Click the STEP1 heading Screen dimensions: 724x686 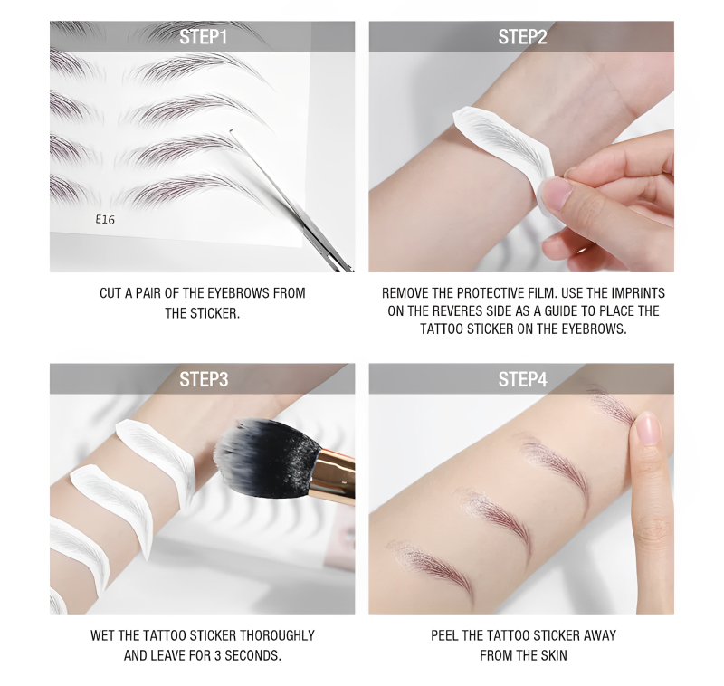click(x=203, y=37)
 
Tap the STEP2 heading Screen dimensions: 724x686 click(x=522, y=37)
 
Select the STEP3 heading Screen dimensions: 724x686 click(x=204, y=379)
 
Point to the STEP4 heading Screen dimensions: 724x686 click(x=522, y=379)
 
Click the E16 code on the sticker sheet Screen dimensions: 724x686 click(x=105, y=219)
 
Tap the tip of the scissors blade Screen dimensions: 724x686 click(x=231, y=131)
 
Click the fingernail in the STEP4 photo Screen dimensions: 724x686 click(x=647, y=428)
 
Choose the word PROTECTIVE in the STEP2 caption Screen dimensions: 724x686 click(x=491, y=293)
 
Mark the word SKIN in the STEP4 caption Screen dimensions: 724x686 click(x=554, y=655)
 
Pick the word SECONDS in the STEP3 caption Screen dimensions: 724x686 click(x=252, y=655)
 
